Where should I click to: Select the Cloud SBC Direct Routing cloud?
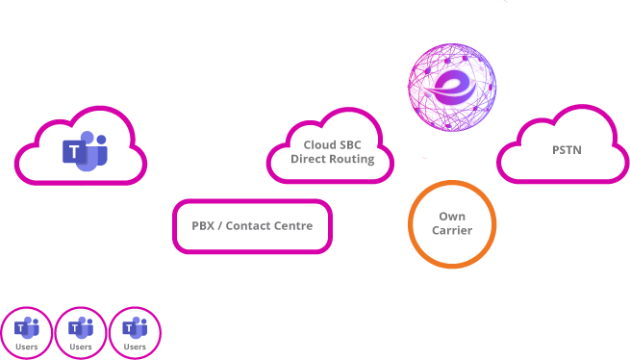point(332,151)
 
